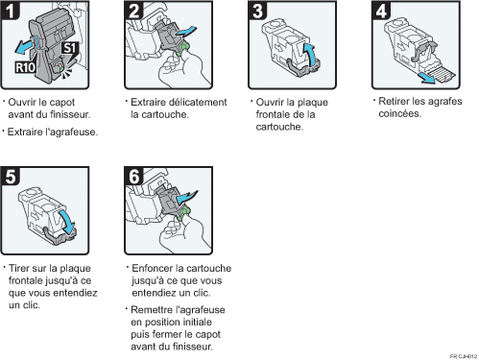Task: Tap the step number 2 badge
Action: (x=135, y=12)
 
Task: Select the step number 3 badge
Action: (x=257, y=12)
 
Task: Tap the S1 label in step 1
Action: (x=70, y=46)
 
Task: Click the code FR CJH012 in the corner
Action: (x=461, y=354)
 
